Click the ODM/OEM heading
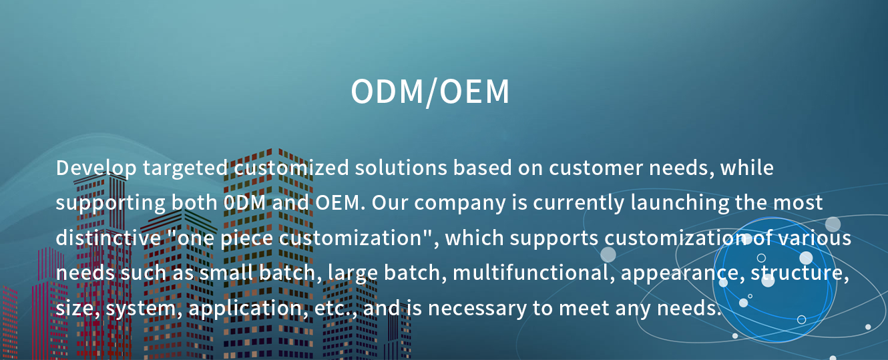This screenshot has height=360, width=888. [430, 92]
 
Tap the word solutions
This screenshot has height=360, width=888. [401, 168]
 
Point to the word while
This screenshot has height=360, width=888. [747, 168]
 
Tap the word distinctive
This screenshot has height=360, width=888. [108, 238]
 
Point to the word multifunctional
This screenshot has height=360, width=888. [533, 273]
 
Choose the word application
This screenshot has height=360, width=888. [248, 309]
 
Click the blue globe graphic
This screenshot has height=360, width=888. [774, 279]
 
